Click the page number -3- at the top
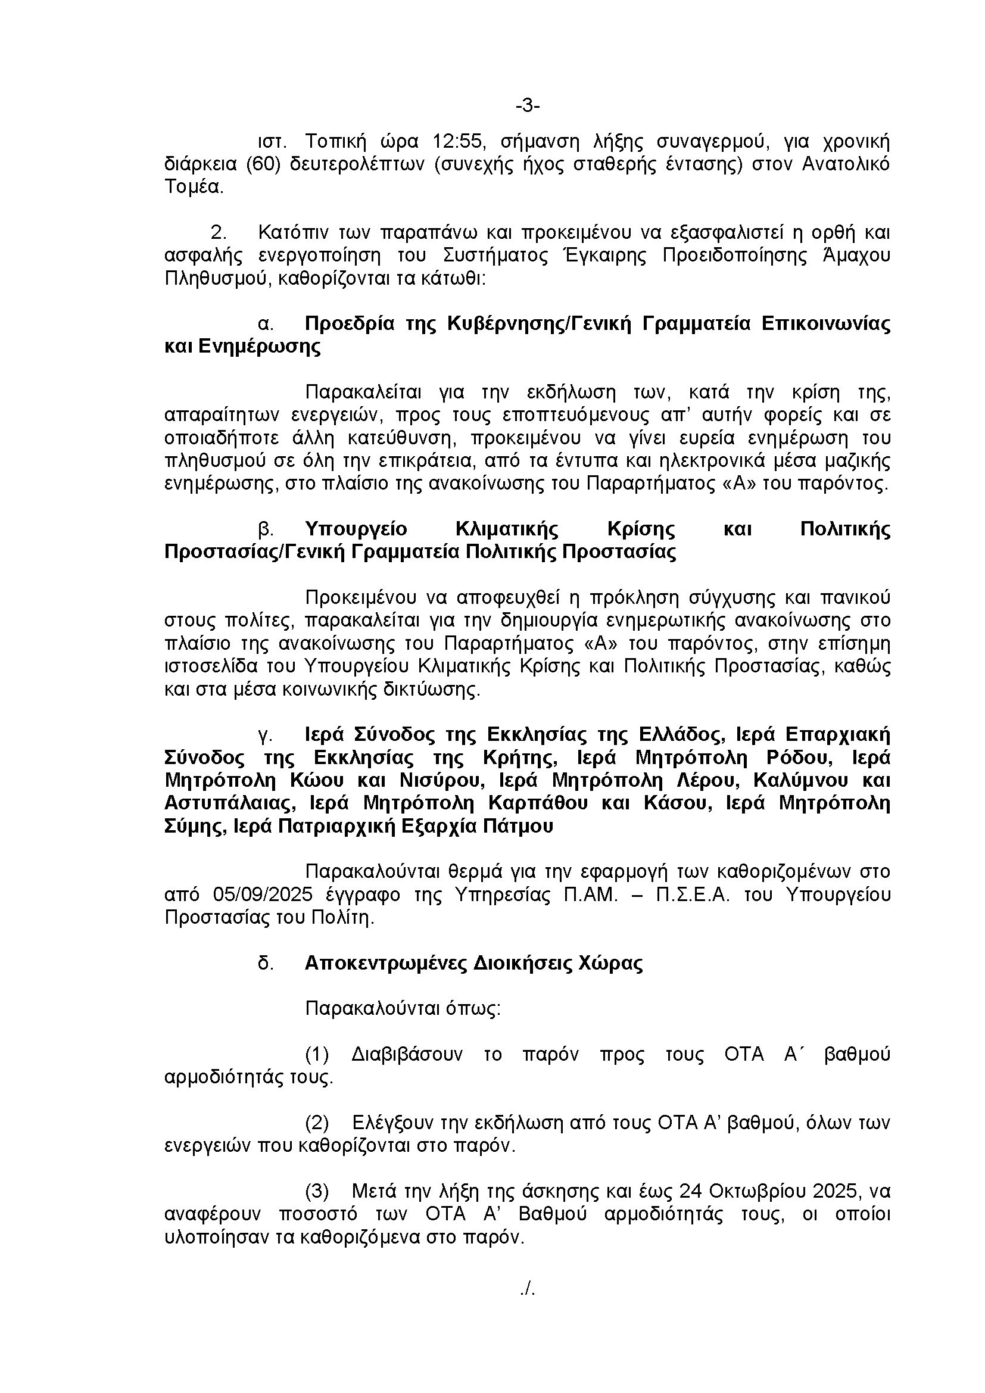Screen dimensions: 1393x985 pos(527,106)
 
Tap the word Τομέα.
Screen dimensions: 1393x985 pos(194,187)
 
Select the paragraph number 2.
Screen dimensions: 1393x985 pos(219,233)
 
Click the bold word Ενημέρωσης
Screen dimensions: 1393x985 pos(260,347)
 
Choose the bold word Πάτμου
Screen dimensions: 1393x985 pos(523,827)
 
